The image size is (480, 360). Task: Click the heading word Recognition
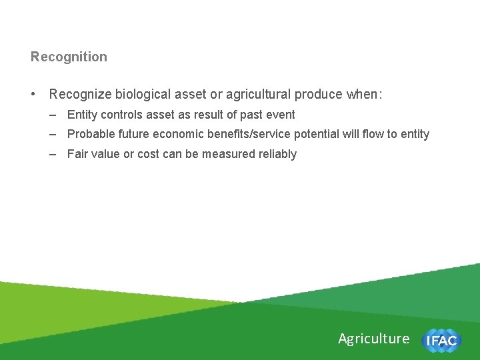tap(69, 57)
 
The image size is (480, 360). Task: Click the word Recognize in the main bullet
tap(80, 95)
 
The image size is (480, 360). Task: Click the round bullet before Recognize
tap(34, 95)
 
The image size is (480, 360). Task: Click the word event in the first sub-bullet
tap(280, 115)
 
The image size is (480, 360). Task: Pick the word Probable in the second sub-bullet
tap(89, 134)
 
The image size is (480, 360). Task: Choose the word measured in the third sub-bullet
tap(230, 154)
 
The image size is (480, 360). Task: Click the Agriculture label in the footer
tap(373, 339)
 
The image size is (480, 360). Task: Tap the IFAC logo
tap(441, 341)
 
